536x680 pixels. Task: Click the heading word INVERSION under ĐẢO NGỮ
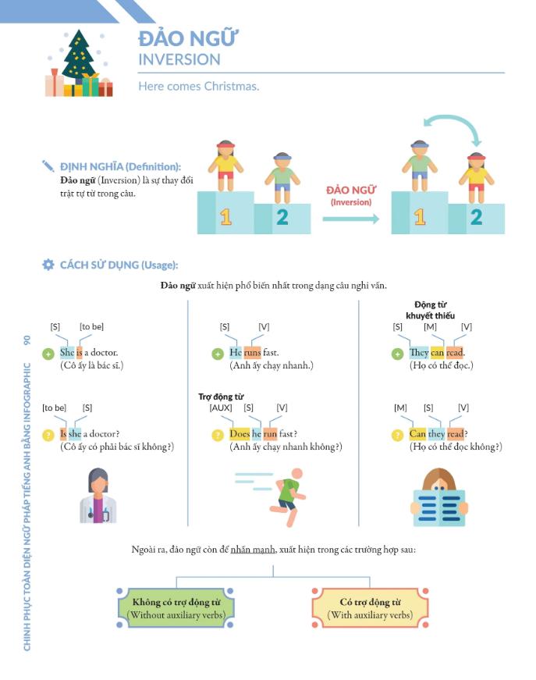pos(179,59)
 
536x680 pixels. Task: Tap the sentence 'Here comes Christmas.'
pos(198,86)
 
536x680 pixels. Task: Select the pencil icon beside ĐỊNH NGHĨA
pos(48,166)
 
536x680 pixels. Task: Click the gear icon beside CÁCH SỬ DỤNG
pos(48,265)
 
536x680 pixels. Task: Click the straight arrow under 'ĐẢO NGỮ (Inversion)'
pos(350,219)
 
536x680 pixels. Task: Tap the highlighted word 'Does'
pos(240,434)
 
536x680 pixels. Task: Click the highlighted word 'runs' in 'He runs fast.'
pos(252,352)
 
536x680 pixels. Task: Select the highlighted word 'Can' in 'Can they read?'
pos(418,434)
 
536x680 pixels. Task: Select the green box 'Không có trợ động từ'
pos(176,608)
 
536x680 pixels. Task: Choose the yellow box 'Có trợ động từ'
pos(370,608)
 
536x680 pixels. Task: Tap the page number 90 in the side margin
pos(28,340)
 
